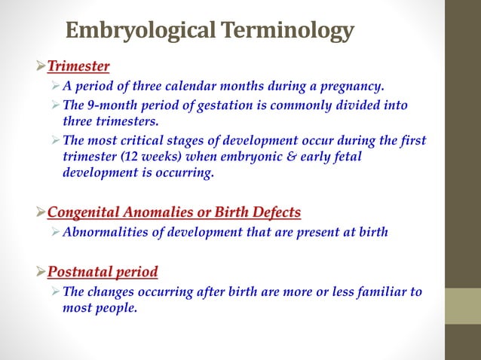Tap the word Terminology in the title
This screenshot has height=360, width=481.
point(286,31)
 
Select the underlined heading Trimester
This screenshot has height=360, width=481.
point(78,66)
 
